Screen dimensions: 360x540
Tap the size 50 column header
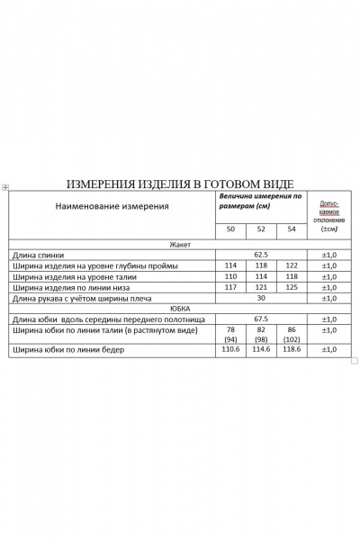click(231, 230)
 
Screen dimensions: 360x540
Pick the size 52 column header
click(261, 230)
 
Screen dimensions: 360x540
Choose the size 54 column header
click(291, 230)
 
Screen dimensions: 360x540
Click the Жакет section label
click(179, 244)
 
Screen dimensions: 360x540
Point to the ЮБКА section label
click(179, 308)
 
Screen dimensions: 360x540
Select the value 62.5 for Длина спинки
click(261, 255)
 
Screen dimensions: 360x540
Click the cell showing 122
click(291, 265)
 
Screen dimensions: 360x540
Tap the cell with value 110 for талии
click(231, 276)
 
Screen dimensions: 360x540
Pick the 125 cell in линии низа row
click(291, 287)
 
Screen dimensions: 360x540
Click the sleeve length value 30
click(261, 298)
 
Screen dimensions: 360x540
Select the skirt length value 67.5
click(261, 319)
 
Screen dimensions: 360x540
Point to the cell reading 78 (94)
click(231, 335)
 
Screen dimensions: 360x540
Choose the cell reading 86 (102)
click(291, 335)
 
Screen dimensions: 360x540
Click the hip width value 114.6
click(261, 350)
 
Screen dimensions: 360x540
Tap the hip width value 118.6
click(291, 350)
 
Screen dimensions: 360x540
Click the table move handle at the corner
click(5, 187)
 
